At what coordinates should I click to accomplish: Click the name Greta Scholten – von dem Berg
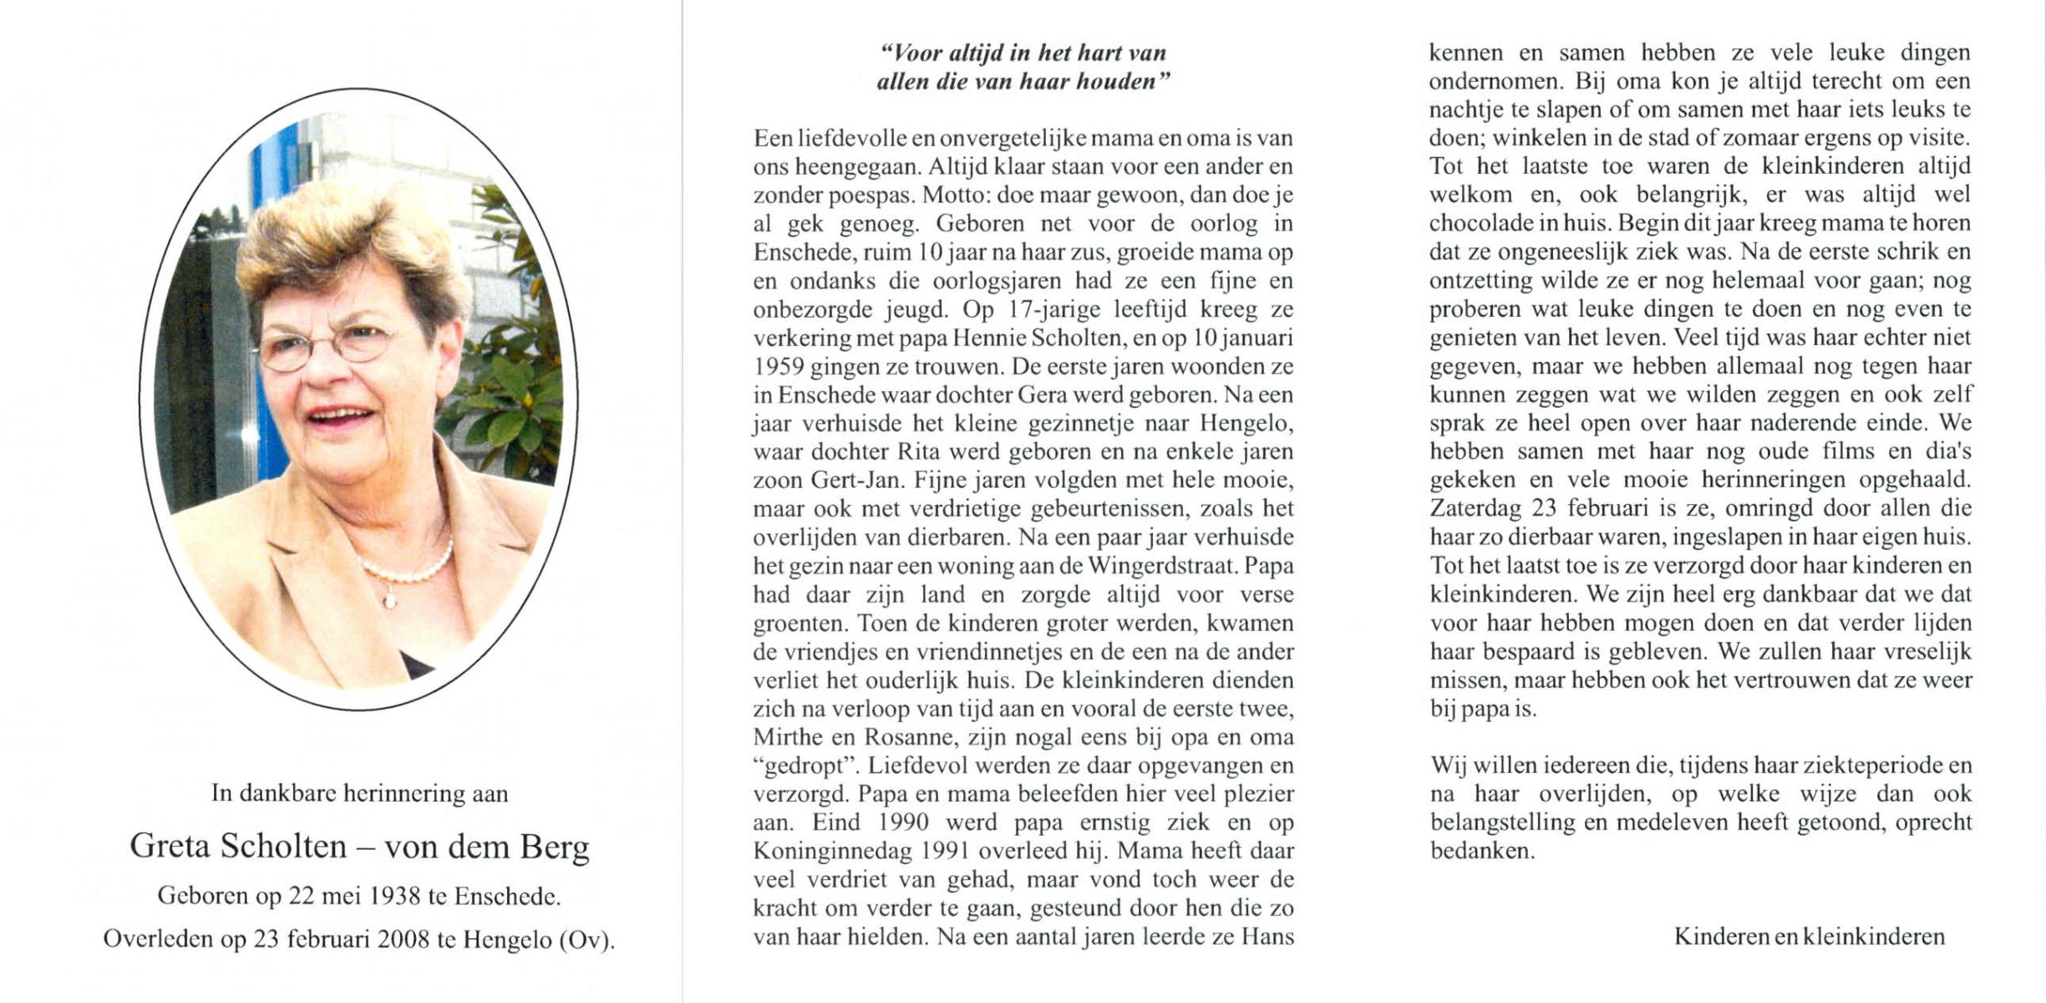359,848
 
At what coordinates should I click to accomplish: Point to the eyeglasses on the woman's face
334,345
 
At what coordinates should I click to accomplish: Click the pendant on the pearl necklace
389,599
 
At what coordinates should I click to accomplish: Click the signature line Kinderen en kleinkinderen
1809,937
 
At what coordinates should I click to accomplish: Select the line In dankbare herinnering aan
359,792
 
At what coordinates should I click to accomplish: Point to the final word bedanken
1482,851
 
